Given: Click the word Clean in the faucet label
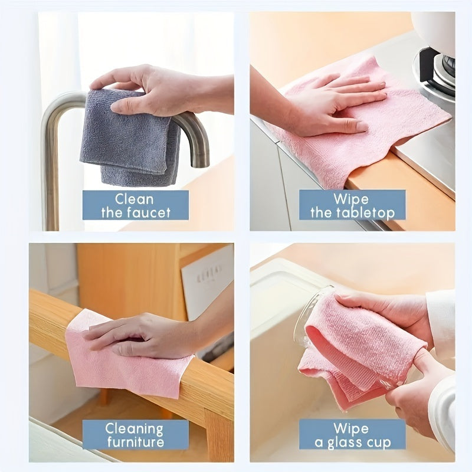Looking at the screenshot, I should pos(135,199).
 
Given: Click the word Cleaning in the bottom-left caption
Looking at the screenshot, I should pos(135,429).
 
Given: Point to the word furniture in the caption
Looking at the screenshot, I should pos(135,442).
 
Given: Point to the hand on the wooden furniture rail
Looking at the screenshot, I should pos(142,336).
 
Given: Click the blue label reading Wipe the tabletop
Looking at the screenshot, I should pos(352,205).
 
